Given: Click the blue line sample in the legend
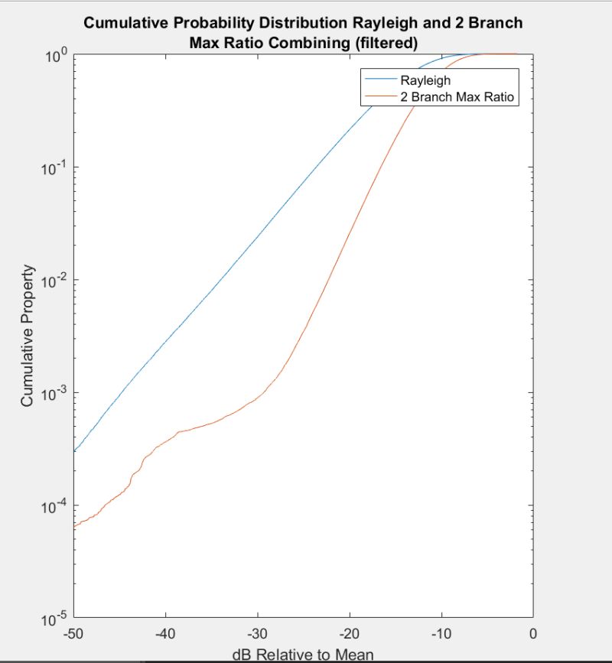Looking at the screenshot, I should (380, 79).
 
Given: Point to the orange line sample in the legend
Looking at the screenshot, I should (380, 96).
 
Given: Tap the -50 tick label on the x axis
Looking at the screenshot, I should (73, 633).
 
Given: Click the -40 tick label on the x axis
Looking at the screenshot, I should (165, 633).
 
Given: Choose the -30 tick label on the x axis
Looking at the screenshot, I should (257, 633).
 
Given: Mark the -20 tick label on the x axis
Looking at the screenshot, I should (349, 633).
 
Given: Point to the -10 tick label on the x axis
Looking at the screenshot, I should (441, 633).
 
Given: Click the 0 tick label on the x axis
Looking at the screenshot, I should (533, 633).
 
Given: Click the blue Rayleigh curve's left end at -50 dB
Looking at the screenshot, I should (74, 451).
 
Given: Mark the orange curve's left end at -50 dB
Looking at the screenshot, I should (74, 527).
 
